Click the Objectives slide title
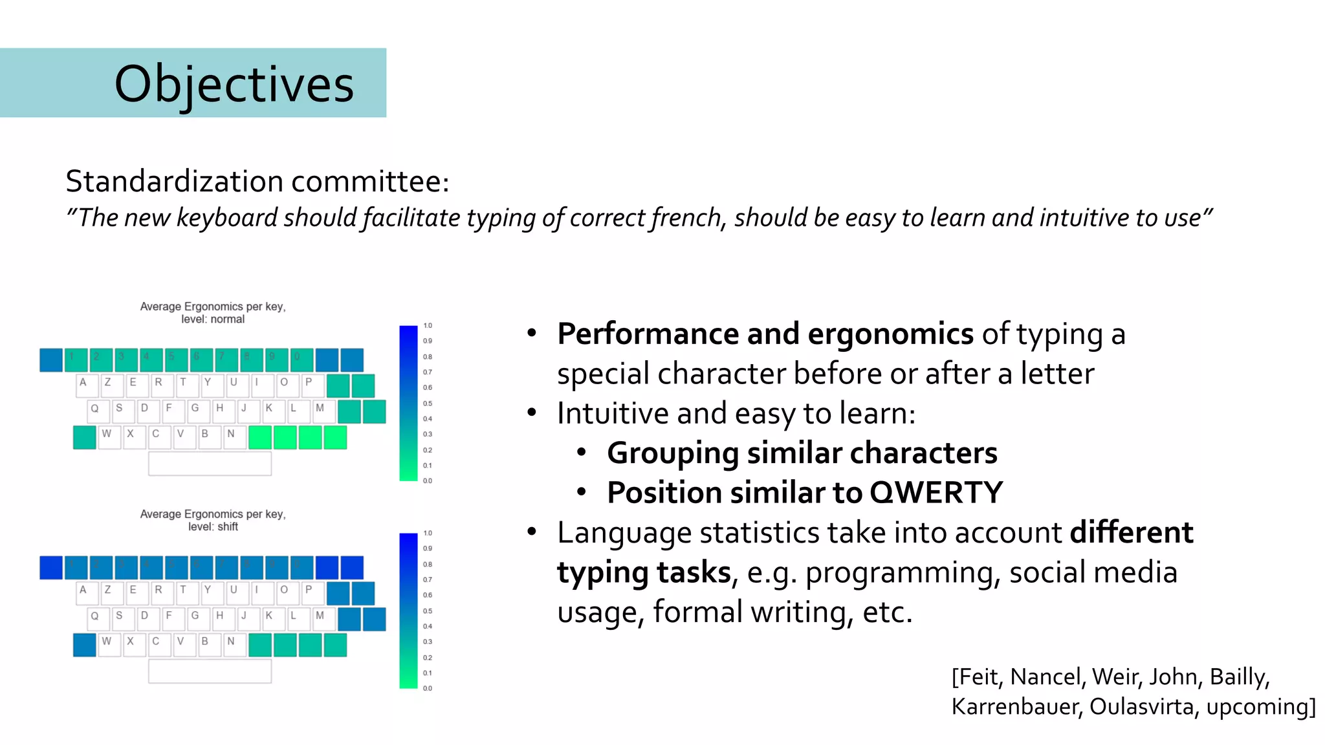pyautogui.click(x=234, y=84)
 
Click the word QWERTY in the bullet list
pyautogui.click(x=936, y=493)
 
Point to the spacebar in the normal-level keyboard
pyautogui.click(x=210, y=464)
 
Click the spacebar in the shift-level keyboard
pyautogui.click(x=210, y=671)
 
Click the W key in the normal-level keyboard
pyautogui.click(x=109, y=437)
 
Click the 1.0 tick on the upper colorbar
pyautogui.click(x=428, y=325)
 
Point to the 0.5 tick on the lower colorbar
pyautogui.click(x=428, y=610)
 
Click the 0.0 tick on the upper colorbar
pyautogui.click(x=428, y=480)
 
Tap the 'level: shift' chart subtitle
pyautogui.click(x=213, y=527)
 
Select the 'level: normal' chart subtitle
pyautogui.click(x=213, y=319)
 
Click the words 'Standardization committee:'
pyautogui.click(x=257, y=182)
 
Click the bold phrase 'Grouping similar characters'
pyautogui.click(x=802, y=453)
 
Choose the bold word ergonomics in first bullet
pyautogui.click(x=890, y=334)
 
